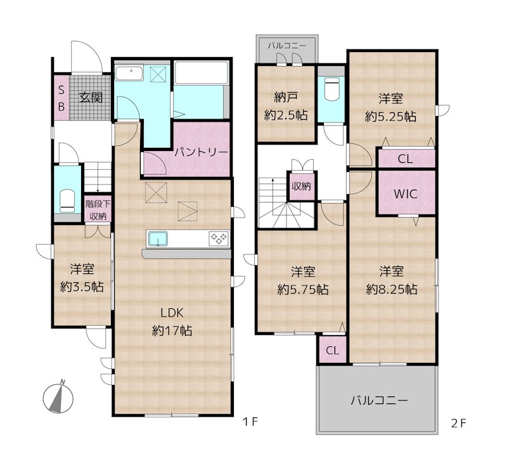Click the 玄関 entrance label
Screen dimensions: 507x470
tap(91, 98)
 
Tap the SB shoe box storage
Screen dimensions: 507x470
tap(61, 98)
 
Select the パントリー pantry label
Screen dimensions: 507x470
tap(201, 152)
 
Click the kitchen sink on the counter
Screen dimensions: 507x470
tap(157, 239)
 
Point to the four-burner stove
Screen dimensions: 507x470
tap(219, 239)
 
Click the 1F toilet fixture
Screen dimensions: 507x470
tap(67, 200)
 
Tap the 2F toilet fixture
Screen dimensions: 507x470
tap(331, 89)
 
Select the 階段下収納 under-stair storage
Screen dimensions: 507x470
tap(98, 209)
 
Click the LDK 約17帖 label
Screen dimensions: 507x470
tap(172, 322)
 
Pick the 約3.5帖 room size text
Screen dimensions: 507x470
tap(82, 287)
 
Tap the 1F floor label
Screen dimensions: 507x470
tap(250, 422)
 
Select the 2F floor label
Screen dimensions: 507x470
tap(459, 424)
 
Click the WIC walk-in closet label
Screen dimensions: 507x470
tap(406, 194)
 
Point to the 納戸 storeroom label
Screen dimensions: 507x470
tap(286, 97)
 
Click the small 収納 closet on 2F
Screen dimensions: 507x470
tap(302, 186)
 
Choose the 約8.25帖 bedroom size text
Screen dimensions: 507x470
tap(392, 289)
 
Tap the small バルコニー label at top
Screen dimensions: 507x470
tap(287, 46)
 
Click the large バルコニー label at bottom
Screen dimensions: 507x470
tap(379, 401)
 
